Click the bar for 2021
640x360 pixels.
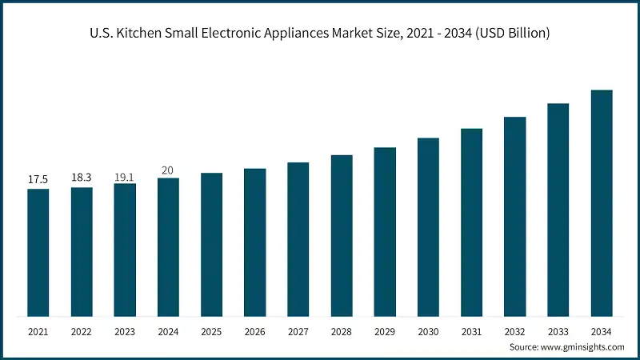38,252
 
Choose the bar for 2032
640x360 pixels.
514,216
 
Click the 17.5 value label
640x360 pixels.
38,180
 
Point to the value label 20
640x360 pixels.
168,170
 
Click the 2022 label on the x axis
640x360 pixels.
82,331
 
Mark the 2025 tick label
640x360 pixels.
211,331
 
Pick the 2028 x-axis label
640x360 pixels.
342,331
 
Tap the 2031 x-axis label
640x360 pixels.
471,331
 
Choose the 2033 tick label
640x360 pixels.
558,331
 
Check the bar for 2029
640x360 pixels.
385,231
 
